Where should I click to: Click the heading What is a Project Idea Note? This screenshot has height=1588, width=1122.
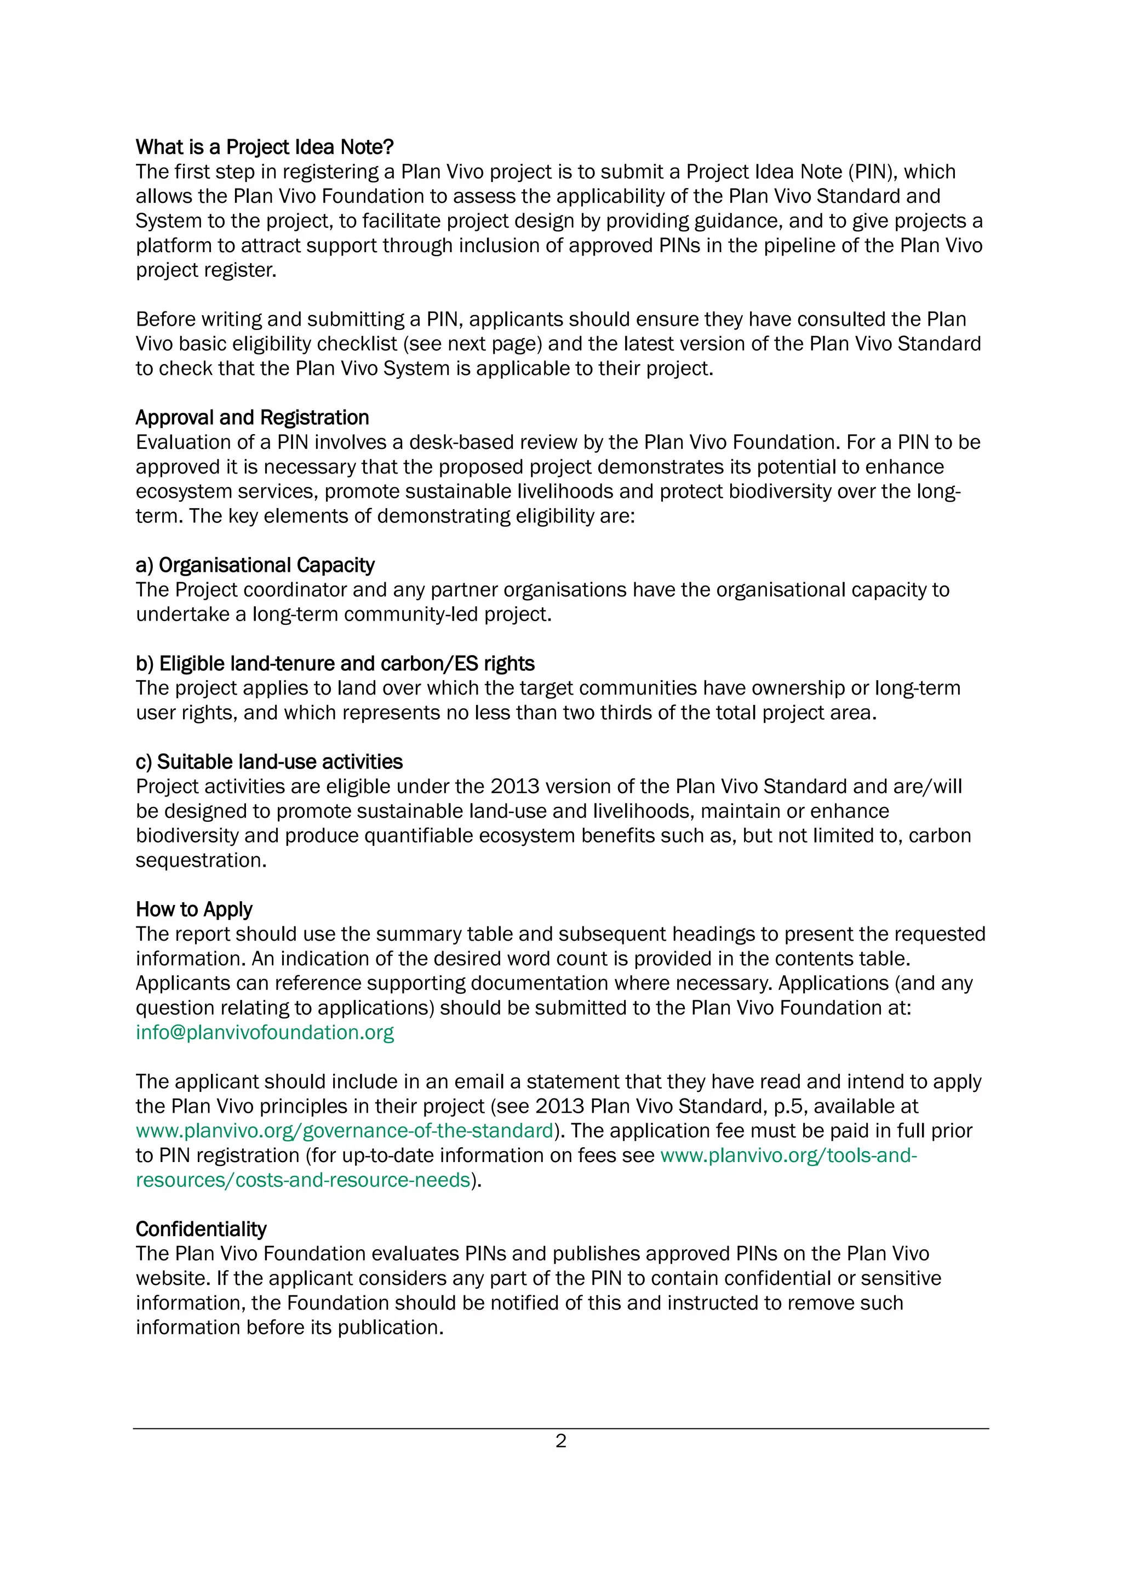(x=264, y=147)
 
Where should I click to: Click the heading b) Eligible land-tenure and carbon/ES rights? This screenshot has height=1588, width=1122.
(x=335, y=663)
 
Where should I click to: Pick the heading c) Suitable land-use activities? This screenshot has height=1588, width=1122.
(x=269, y=761)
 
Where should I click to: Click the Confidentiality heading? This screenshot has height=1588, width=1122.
(x=201, y=1229)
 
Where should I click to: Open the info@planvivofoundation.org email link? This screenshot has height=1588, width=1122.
(x=264, y=1032)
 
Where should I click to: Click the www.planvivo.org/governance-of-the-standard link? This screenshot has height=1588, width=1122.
(x=344, y=1130)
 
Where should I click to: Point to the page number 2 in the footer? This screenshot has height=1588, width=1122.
(x=560, y=1441)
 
